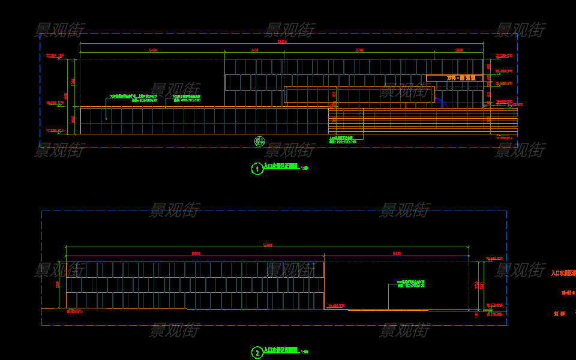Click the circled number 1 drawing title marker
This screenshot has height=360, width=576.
click(257, 169)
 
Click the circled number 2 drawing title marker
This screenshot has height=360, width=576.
click(257, 353)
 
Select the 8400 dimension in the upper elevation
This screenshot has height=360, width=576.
click(152, 50)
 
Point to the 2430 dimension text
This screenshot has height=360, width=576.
click(254, 50)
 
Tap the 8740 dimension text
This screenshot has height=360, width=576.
click(359, 50)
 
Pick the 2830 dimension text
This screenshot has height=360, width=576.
click(459, 50)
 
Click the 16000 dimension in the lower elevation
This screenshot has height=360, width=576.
click(195, 254)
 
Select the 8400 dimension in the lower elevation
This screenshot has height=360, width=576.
click(397, 254)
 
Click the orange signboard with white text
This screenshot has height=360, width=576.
click(454, 78)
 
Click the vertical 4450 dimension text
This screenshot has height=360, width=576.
click(67, 96)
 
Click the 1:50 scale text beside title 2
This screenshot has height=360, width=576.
click(304, 352)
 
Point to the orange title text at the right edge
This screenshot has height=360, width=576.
click(563, 273)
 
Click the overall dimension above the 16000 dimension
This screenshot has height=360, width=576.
click(268, 245)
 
